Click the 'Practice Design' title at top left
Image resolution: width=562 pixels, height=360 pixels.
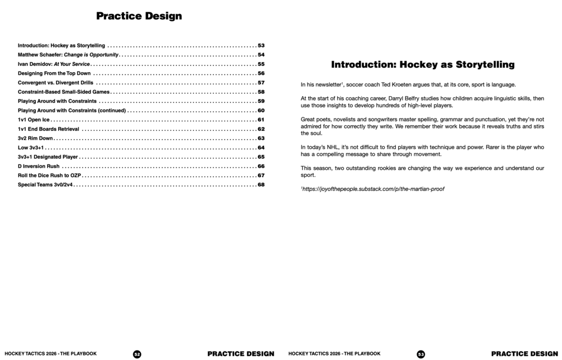139,16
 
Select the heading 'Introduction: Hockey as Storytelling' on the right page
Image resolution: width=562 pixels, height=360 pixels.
423,64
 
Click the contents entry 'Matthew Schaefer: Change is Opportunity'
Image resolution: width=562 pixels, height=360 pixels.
68,55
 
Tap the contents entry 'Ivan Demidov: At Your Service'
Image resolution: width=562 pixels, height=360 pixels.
54,64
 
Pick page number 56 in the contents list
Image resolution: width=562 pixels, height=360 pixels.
261,73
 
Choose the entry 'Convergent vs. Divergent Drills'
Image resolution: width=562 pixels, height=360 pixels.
55,83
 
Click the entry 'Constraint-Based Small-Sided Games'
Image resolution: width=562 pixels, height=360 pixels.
64,92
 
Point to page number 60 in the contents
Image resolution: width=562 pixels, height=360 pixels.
261,111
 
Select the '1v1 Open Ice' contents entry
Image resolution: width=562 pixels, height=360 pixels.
34,120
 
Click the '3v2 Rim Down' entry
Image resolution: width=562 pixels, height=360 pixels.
35,138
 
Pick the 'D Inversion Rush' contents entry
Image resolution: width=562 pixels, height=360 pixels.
39,166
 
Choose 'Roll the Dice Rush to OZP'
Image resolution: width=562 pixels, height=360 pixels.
50,176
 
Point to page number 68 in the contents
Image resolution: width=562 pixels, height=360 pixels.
261,184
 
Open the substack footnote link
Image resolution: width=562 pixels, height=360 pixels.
374,189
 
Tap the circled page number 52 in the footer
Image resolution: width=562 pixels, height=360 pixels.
137,354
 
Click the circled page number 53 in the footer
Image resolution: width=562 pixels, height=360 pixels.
421,354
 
